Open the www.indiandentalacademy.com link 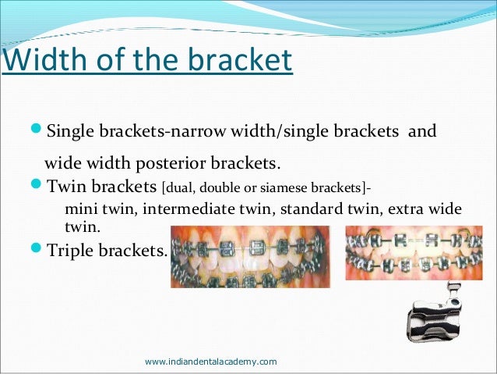click(x=211, y=362)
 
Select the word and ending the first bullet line click(x=422, y=130)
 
